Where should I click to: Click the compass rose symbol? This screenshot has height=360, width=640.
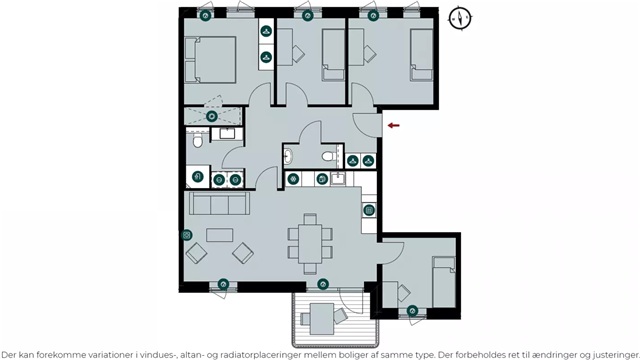(460, 18)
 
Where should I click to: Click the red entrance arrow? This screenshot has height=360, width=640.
(393, 125)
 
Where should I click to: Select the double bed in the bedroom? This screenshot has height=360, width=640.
(211, 60)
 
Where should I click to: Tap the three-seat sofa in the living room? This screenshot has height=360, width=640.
(220, 204)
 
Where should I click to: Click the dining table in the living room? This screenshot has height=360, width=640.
(310, 244)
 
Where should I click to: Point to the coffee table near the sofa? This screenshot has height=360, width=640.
(220, 235)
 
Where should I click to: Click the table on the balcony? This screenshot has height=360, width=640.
(322, 319)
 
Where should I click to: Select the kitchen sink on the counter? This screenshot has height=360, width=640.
(338, 178)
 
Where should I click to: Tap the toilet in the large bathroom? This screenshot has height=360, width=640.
(198, 139)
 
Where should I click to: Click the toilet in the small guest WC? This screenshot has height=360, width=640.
(329, 156)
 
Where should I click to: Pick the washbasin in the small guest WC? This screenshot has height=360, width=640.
(288, 156)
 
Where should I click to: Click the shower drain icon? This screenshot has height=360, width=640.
(211, 116)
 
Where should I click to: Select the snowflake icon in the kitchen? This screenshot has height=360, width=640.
(293, 179)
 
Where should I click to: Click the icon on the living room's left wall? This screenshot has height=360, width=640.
(187, 235)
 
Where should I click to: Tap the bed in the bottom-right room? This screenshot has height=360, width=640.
(444, 282)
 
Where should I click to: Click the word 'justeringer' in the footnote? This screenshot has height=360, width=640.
(616, 355)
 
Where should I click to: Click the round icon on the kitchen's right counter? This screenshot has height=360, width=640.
(369, 211)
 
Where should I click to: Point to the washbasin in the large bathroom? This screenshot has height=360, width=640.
(227, 133)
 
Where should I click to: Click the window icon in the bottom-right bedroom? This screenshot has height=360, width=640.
(412, 311)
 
